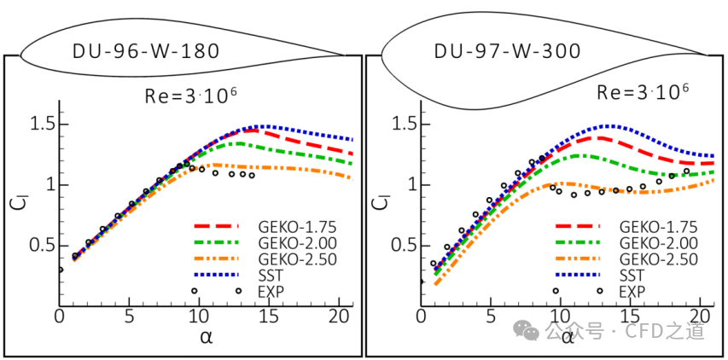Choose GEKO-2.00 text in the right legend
(x=657, y=243)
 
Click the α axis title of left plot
(x=205, y=337)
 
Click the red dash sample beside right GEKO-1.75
(x=578, y=226)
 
